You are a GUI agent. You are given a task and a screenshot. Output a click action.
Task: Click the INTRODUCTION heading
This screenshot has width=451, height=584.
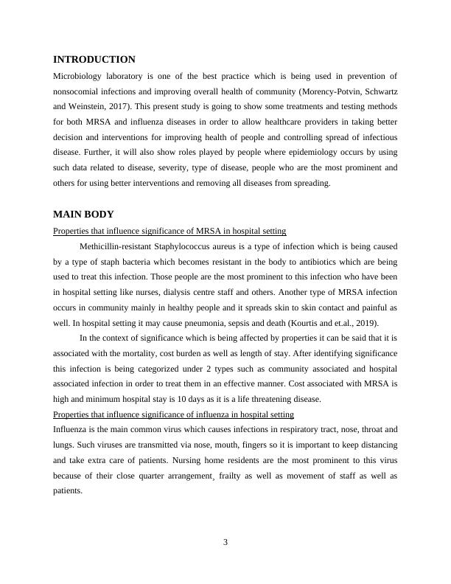pos(94,60)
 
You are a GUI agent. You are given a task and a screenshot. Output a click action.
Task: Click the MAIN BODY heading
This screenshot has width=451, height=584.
pos(83,215)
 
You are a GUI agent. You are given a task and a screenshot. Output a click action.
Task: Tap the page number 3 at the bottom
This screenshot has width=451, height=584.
pos(225,543)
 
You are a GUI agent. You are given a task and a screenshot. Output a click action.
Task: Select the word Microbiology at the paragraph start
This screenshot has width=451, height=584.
pos(78,75)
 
